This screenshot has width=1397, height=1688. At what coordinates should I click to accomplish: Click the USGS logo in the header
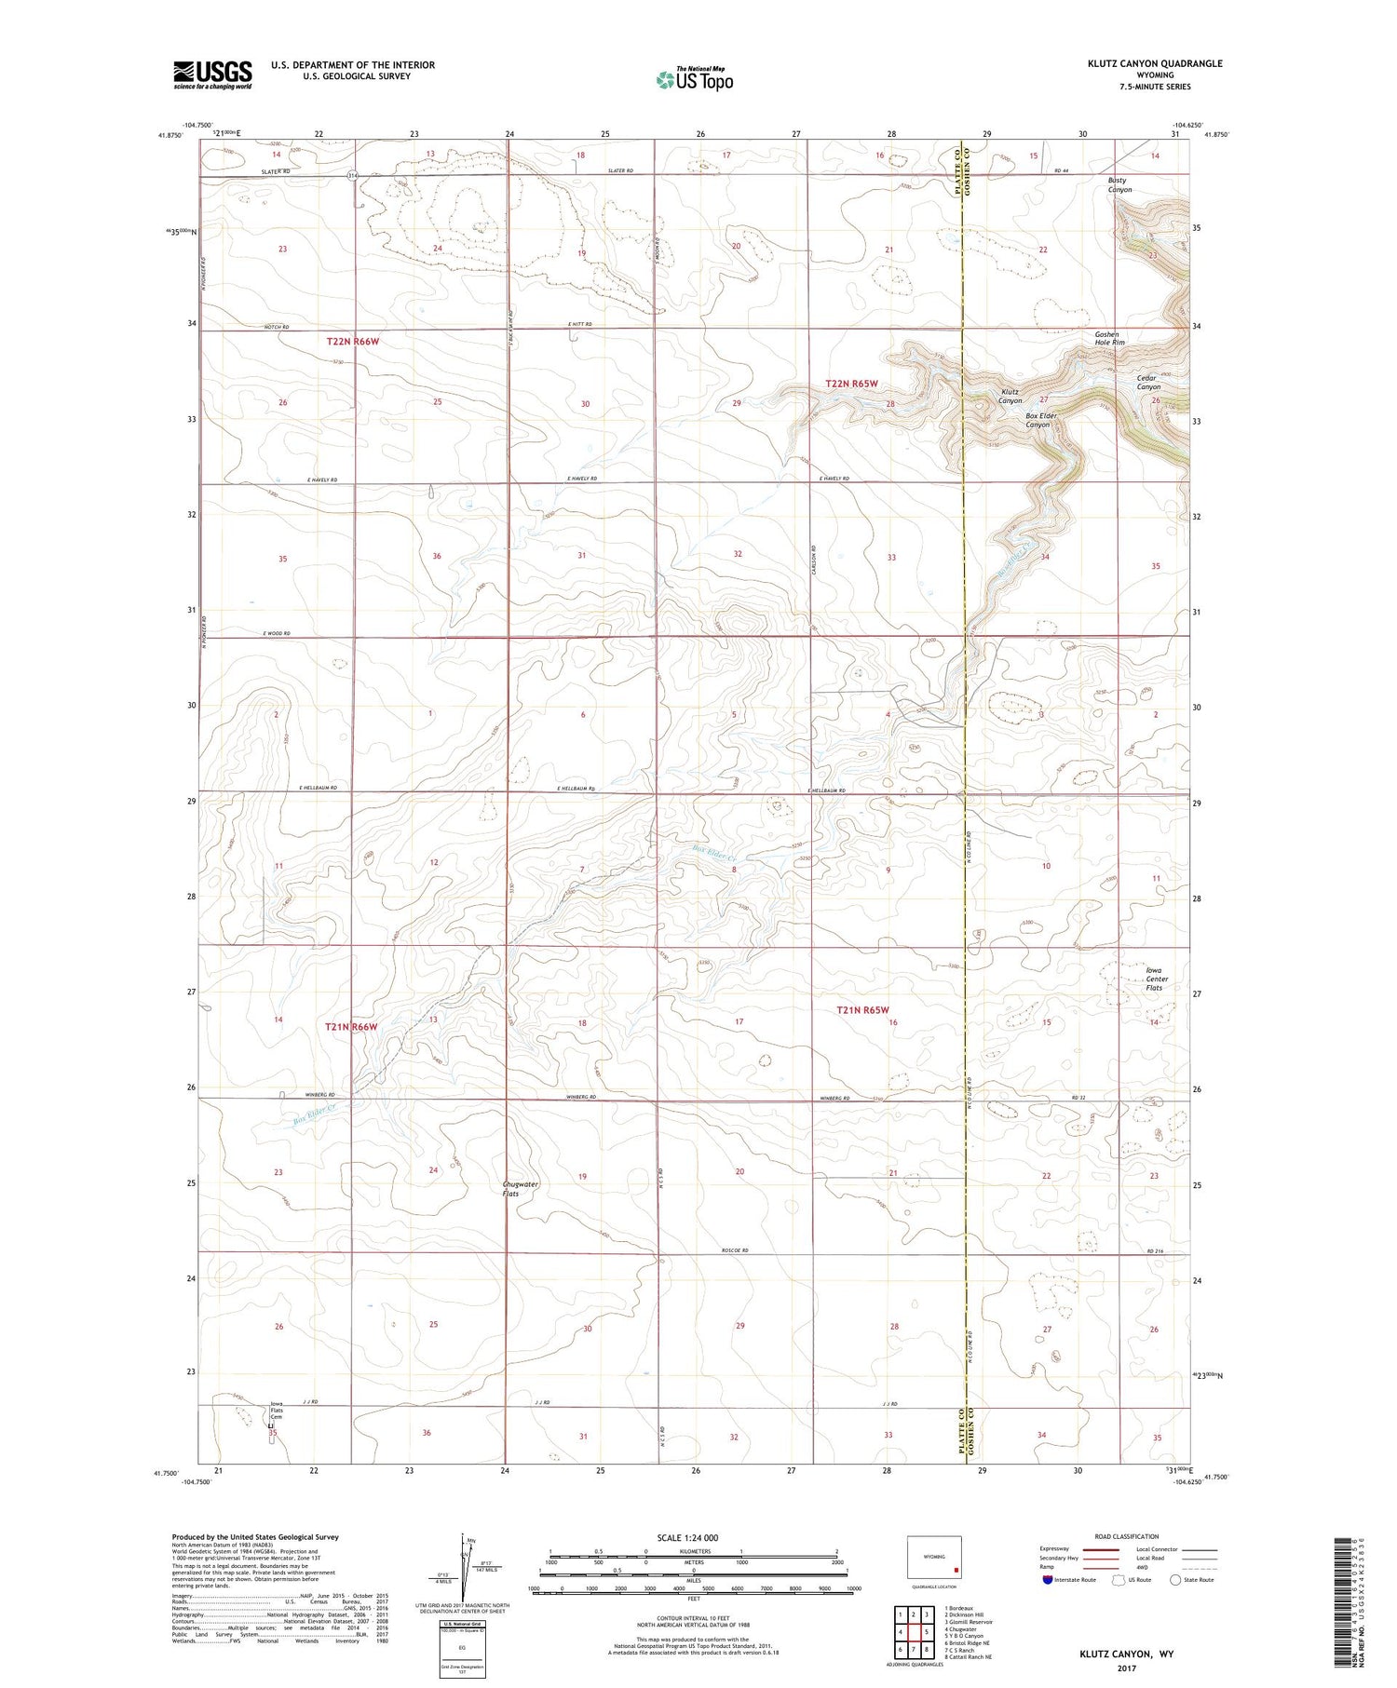point(212,74)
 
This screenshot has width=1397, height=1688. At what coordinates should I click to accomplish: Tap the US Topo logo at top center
point(695,79)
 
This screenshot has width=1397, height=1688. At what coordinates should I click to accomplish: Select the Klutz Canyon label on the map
point(1010,397)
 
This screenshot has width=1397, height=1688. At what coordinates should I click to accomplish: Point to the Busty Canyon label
point(1119,184)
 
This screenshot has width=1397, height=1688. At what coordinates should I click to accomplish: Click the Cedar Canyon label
point(1148,382)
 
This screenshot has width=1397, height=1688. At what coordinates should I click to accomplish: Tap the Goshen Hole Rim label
point(1108,338)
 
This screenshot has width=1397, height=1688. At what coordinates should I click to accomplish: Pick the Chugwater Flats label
point(521,1189)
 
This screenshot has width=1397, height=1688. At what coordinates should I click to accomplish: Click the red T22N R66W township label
point(353,342)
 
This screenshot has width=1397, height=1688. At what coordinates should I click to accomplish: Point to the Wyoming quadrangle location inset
point(933,1558)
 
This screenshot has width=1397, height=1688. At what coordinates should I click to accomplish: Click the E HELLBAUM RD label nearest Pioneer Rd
point(318,788)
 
